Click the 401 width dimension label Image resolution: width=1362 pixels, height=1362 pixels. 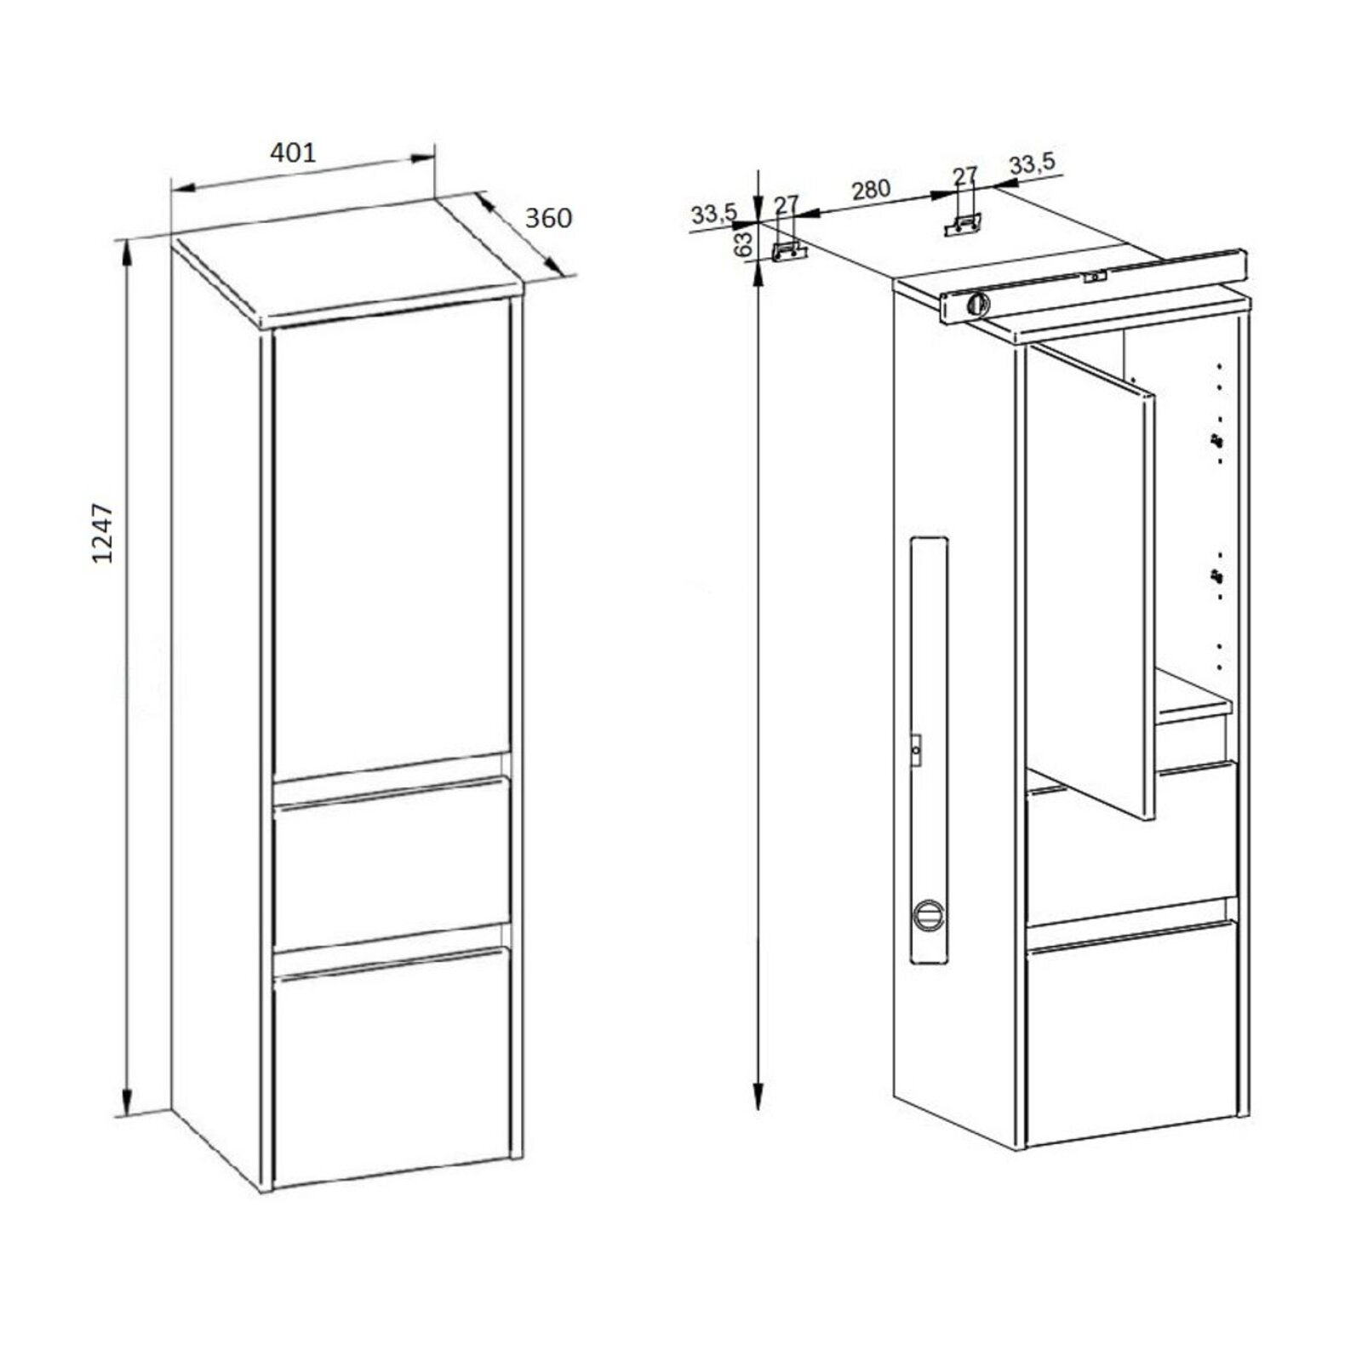pos(293,153)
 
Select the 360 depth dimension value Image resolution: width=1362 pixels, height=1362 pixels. pos(548,219)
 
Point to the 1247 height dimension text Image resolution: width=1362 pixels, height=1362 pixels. pos(103,534)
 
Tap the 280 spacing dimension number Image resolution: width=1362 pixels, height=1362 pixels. pos(870,190)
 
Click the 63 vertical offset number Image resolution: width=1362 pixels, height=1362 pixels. pos(743,243)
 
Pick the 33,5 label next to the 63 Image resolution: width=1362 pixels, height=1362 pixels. pos(713,215)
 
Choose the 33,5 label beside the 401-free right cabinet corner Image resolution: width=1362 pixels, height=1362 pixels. pos(1032,163)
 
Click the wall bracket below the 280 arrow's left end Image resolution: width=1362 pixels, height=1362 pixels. pos(788,251)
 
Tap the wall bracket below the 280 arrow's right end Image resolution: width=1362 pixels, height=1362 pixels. pos(964,224)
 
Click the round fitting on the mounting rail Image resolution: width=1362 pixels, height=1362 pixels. pos(978,303)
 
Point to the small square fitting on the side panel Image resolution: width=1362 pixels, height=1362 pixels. pos(915,750)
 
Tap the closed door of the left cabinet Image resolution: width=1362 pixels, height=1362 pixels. pos(392,536)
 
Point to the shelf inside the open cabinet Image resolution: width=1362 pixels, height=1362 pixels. pos(1192,697)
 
